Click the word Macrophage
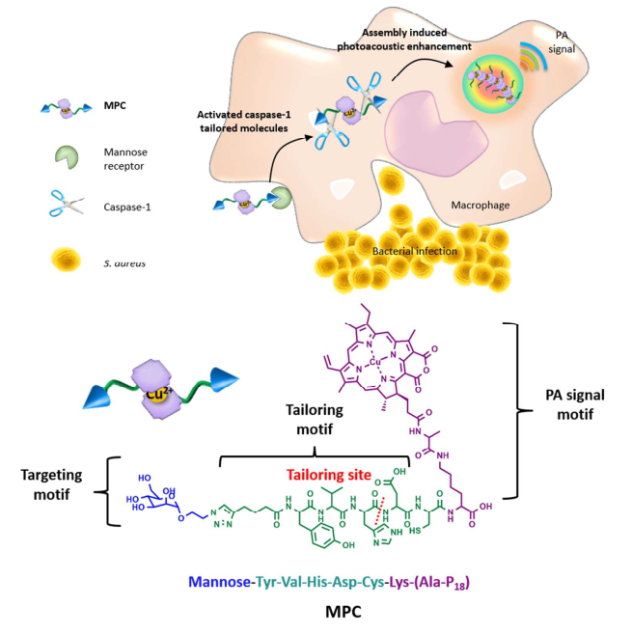(480, 206)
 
